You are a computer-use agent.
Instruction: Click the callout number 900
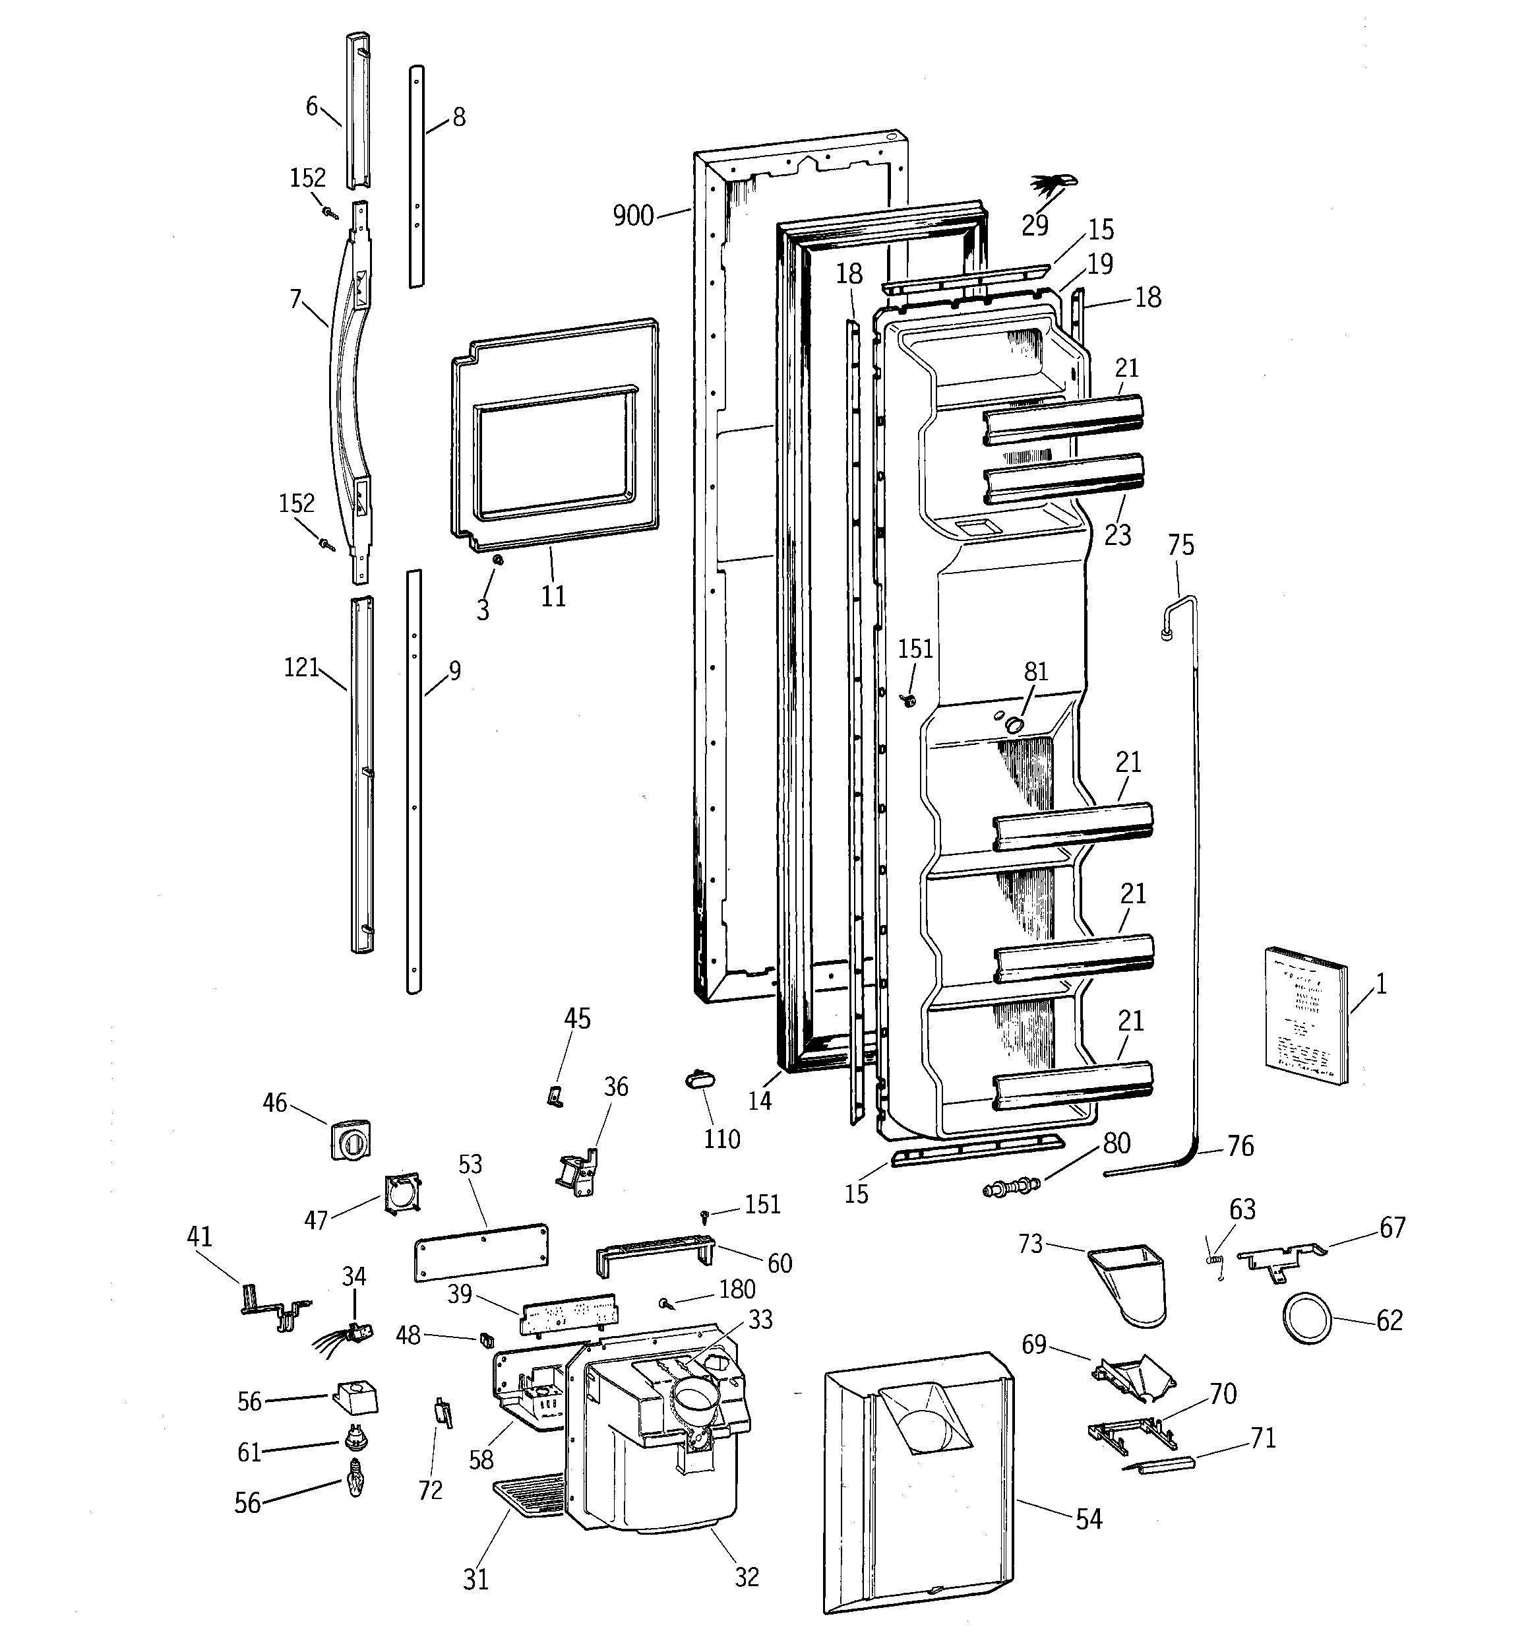pyautogui.click(x=632, y=216)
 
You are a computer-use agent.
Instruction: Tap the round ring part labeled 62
pyautogui.click(x=1306, y=1318)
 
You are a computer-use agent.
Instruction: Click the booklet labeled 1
pyautogui.click(x=1306, y=1017)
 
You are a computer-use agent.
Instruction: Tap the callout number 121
pyautogui.click(x=301, y=667)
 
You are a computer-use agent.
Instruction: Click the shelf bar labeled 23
pyautogui.click(x=1064, y=479)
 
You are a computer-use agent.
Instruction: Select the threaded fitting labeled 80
pyautogui.click(x=1012, y=1187)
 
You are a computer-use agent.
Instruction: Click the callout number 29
pyautogui.click(x=1035, y=225)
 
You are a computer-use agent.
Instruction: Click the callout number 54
pyautogui.click(x=1088, y=1520)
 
